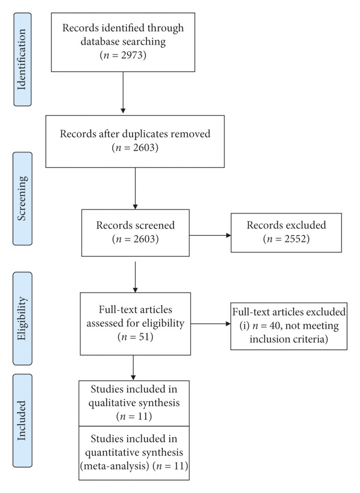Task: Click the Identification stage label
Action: [22, 59]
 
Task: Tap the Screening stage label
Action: [22, 199]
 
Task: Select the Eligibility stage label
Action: [22, 318]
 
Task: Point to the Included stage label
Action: [22, 420]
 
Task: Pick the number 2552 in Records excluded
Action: [295, 239]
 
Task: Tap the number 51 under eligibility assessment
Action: [144, 337]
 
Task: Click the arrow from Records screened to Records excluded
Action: [210, 235]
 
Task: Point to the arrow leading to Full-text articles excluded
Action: [211, 323]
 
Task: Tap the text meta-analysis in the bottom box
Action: [115, 465]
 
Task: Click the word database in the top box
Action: [100, 41]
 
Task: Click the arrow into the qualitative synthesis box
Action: [133, 368]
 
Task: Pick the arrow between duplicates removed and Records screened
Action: [135, 188]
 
